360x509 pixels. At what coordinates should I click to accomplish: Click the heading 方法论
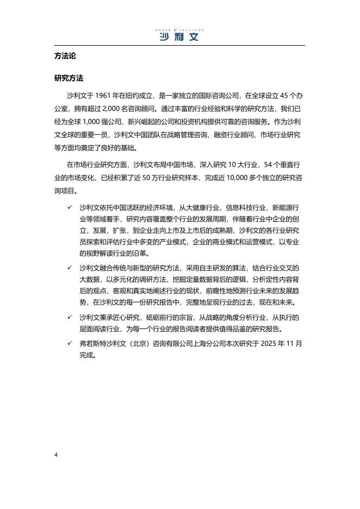pyautogui.click(x=65, y=56)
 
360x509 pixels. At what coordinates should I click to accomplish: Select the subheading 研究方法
pyautogui.click(x=69, y=78)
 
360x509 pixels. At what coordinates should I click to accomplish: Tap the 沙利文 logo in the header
pyautogui.click(x=179, y=36)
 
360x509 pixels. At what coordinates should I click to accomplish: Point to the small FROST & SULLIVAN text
pyautogui.click(x=179, y=27)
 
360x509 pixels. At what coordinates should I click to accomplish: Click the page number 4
pyautogui.click(x=56, y=454)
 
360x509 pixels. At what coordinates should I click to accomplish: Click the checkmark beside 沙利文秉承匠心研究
pyautogui.click(x=69, y=316)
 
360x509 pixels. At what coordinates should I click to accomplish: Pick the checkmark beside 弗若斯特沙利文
pyautogui.click(x=69, y=343)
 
